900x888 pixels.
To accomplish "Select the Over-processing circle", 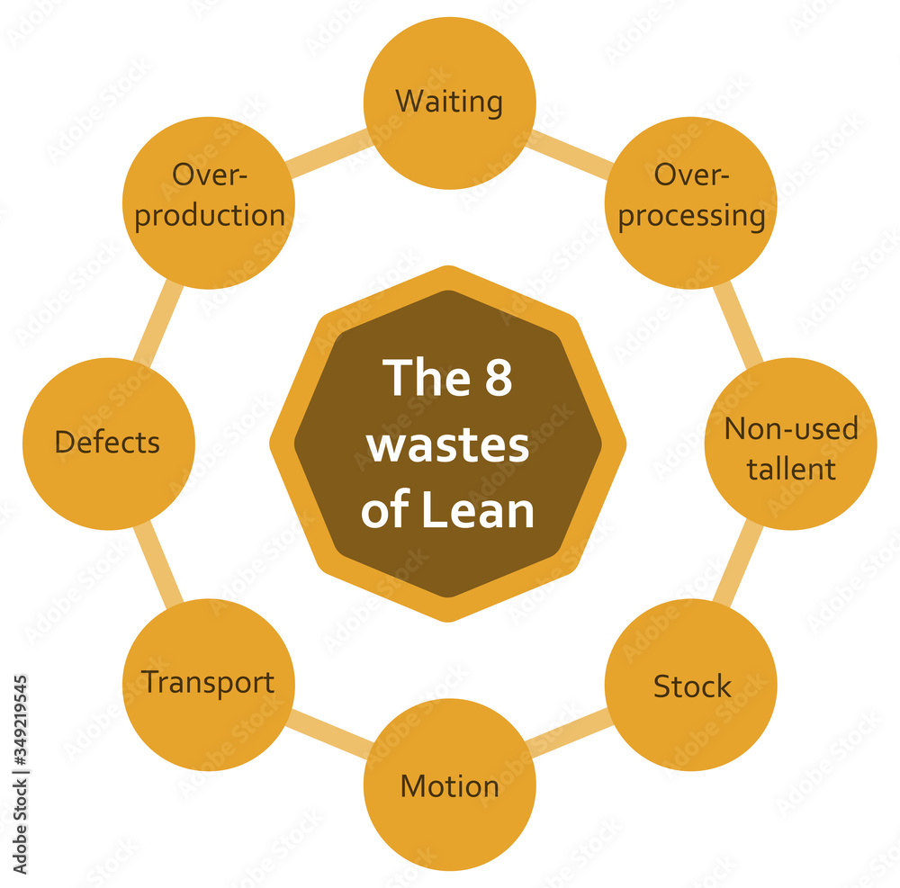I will pos(690,202).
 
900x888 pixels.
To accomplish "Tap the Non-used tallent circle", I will pos(790,444).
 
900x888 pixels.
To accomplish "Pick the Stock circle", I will pos(690,686).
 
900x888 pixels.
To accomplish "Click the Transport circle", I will pos(208,684).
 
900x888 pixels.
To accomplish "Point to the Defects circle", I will pos(108,443).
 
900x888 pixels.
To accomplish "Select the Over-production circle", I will pos(208,202).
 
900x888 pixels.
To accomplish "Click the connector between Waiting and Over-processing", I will pos(570,152).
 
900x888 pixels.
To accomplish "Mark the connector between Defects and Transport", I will pos(158,563).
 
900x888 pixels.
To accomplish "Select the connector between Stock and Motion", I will pos(570,735).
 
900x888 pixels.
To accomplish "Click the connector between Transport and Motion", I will pos(328,735).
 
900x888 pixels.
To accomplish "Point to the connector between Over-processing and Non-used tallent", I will pos(740,322).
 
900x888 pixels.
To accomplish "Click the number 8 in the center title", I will pos(491,378).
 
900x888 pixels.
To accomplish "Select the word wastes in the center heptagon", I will pos(447,444).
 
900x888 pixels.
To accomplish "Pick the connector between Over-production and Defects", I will pos(158,322).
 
